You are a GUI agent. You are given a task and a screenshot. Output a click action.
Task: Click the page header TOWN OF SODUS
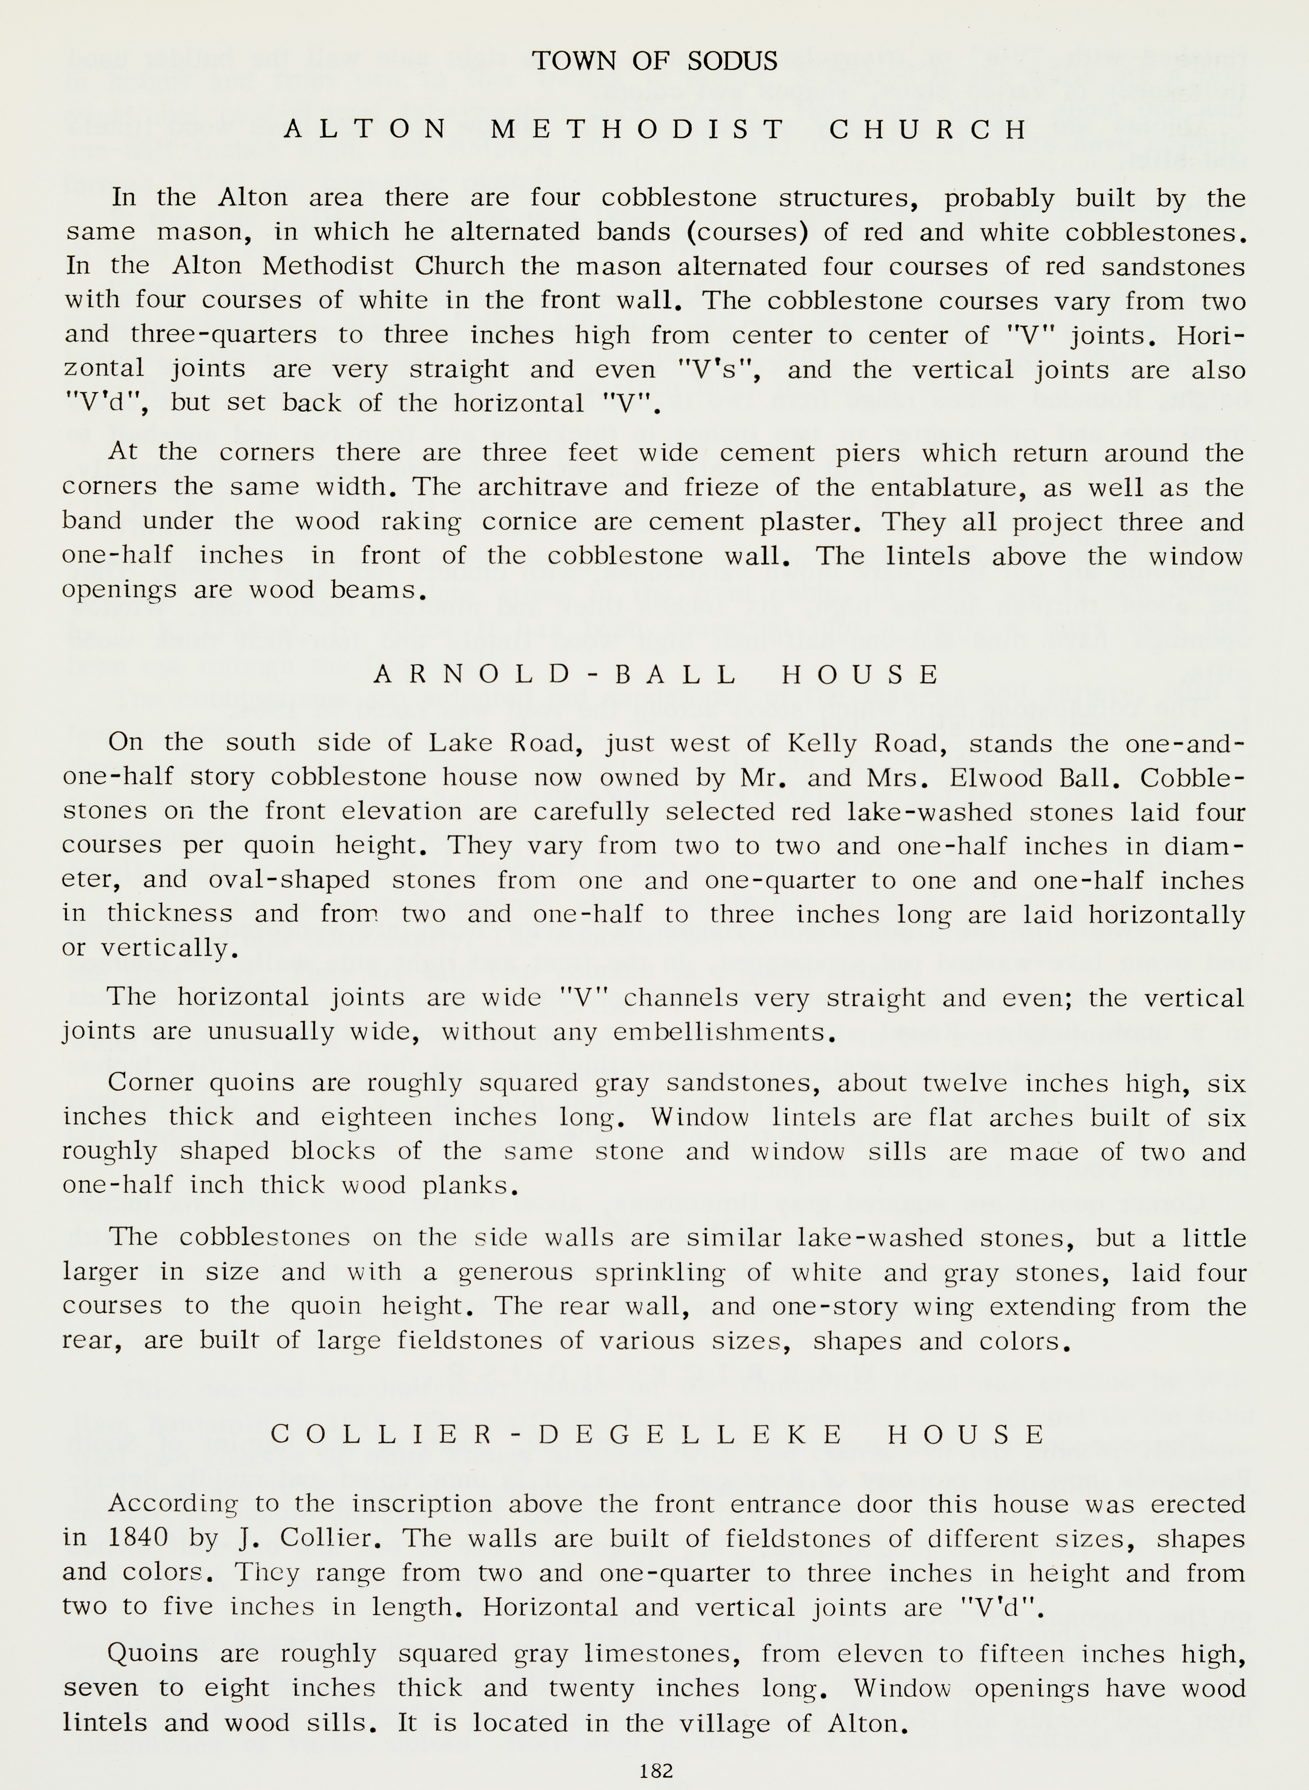tap(654, 61)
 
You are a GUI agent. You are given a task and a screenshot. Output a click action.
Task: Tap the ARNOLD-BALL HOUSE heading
tap(656, 675)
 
